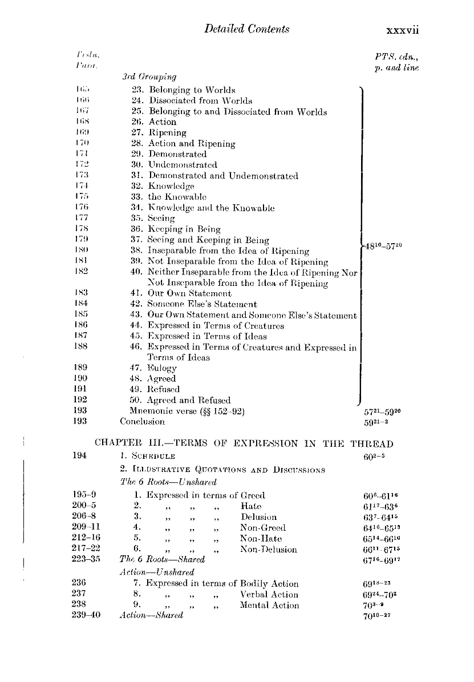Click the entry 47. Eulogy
[153, 368]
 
